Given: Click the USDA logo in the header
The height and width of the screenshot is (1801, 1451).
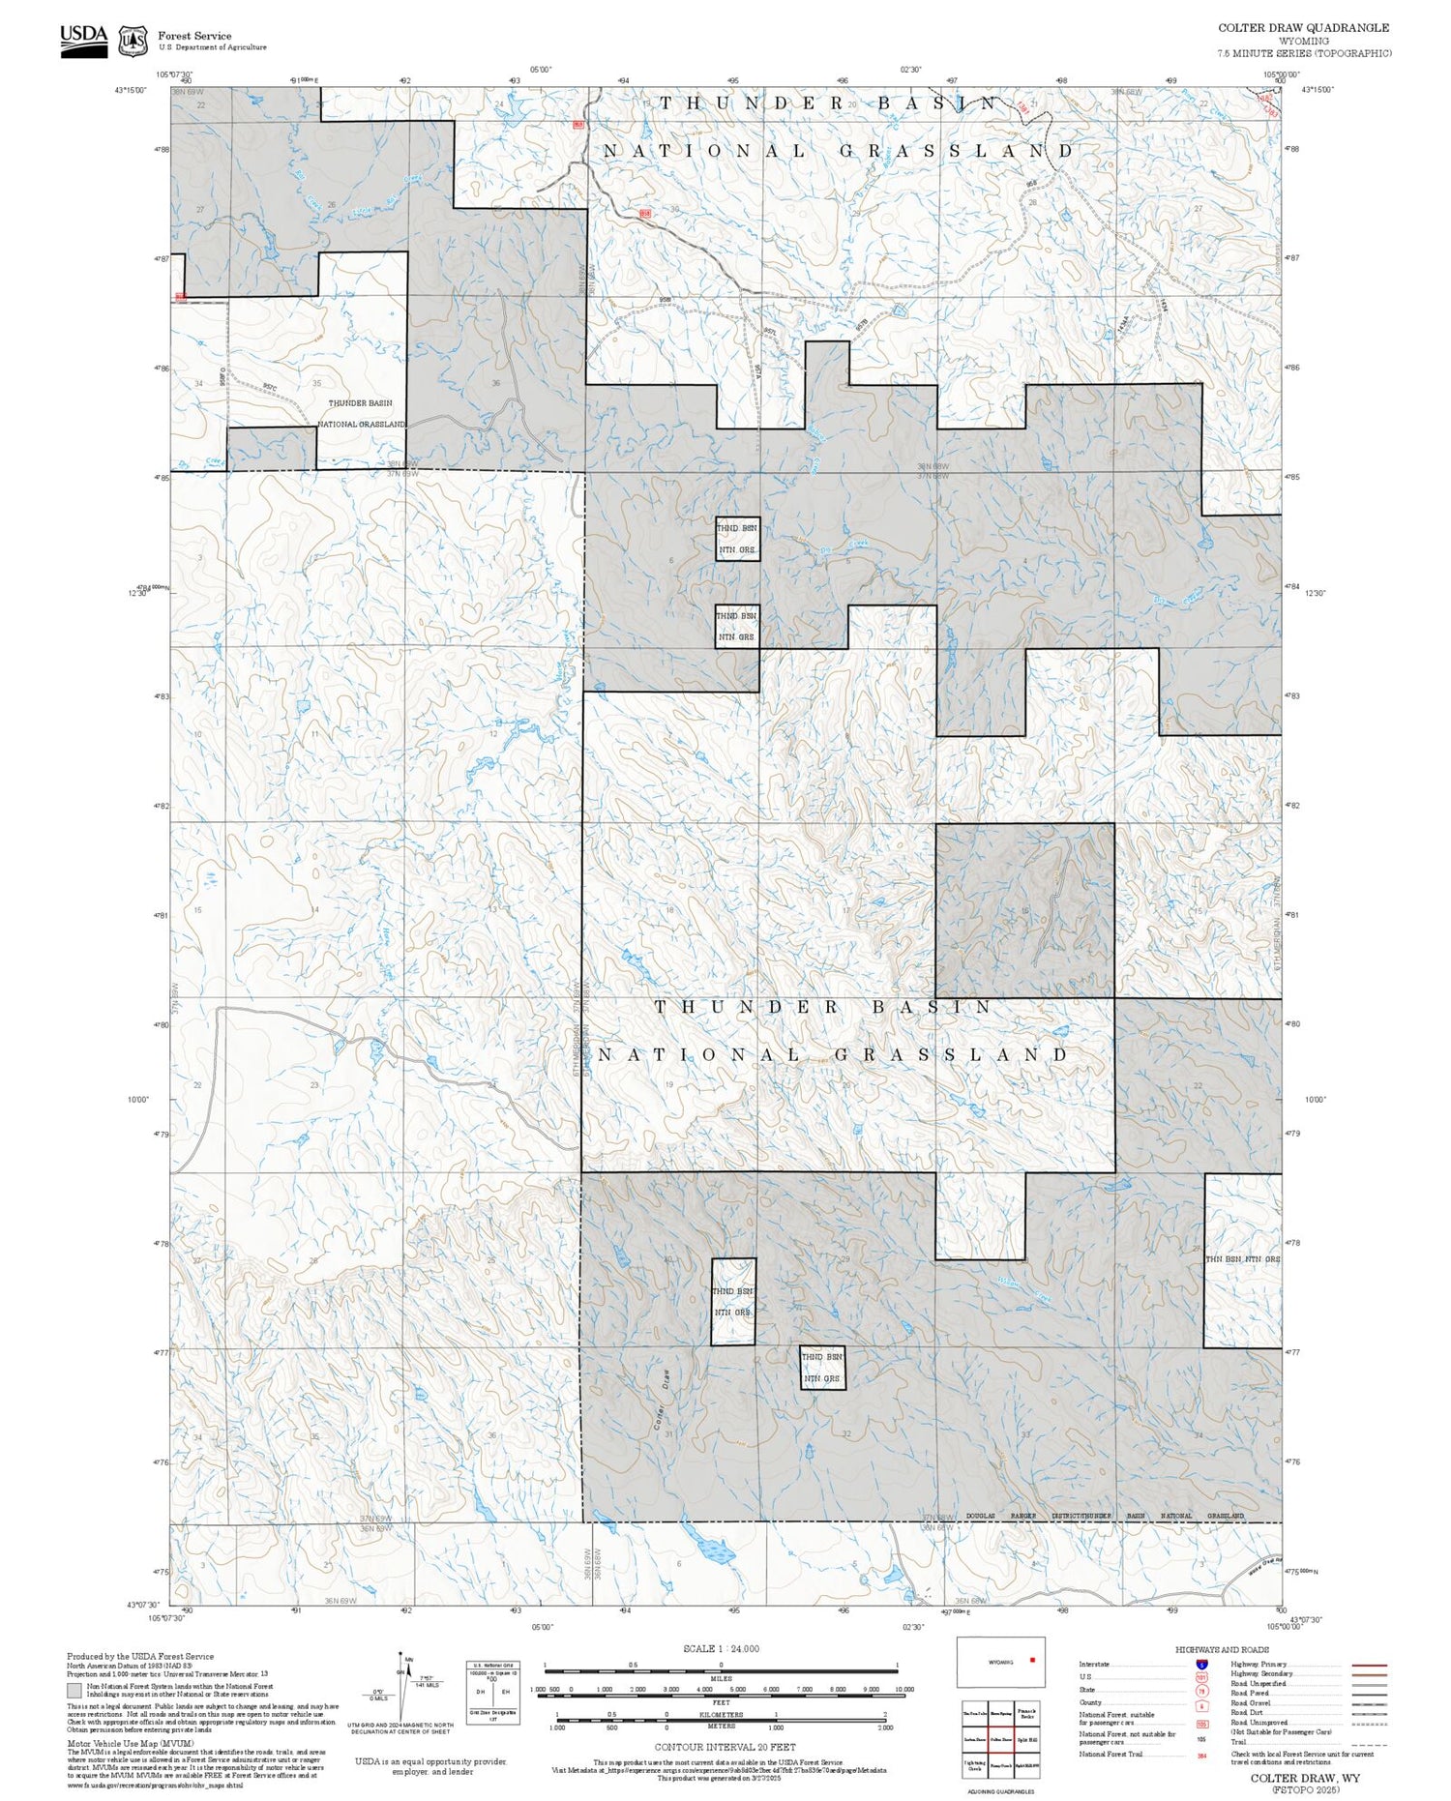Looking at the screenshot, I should [84, 41].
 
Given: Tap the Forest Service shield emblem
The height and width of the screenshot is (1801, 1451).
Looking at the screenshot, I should [133, 42].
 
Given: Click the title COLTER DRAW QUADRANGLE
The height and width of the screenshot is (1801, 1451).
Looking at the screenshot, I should [1303, 28].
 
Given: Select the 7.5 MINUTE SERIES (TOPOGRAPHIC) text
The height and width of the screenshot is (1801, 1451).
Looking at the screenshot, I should [1304, 53].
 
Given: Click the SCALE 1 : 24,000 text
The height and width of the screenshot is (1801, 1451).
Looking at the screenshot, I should [721, 1648].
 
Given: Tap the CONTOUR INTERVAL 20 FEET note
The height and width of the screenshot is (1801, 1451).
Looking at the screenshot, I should [725, 1747].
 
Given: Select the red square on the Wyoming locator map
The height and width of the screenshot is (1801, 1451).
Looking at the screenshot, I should [1032, 1660].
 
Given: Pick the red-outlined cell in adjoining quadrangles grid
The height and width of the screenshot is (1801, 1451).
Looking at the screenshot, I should [1000, 1738].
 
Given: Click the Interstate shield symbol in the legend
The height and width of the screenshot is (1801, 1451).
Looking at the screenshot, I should [1201, 1664].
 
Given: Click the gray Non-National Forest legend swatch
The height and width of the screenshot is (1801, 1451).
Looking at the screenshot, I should [74, 1691].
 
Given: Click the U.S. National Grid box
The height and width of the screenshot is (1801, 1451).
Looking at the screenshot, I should [491, 1690].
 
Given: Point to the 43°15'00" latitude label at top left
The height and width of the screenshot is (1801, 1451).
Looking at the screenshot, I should [131, 90].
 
